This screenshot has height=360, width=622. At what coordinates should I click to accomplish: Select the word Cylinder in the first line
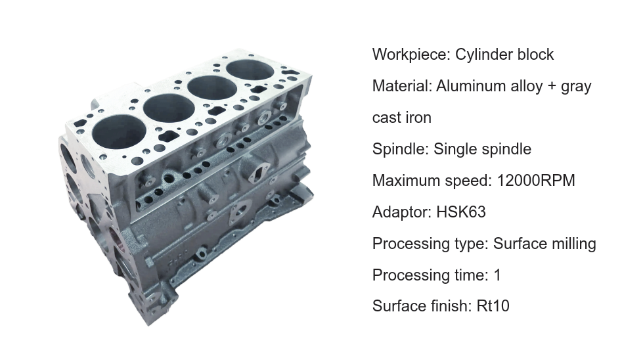coord(479,54)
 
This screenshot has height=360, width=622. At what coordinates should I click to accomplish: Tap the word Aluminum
coord(468,86)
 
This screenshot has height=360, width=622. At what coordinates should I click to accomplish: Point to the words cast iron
coord(401,118)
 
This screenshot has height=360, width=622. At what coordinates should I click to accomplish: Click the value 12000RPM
coord(536,180)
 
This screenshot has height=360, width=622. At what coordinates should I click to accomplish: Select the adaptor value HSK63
coord(461,212)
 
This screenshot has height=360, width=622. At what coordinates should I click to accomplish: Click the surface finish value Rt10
coord(493,306)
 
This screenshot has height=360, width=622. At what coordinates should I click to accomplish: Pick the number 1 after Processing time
coord(497,275)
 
